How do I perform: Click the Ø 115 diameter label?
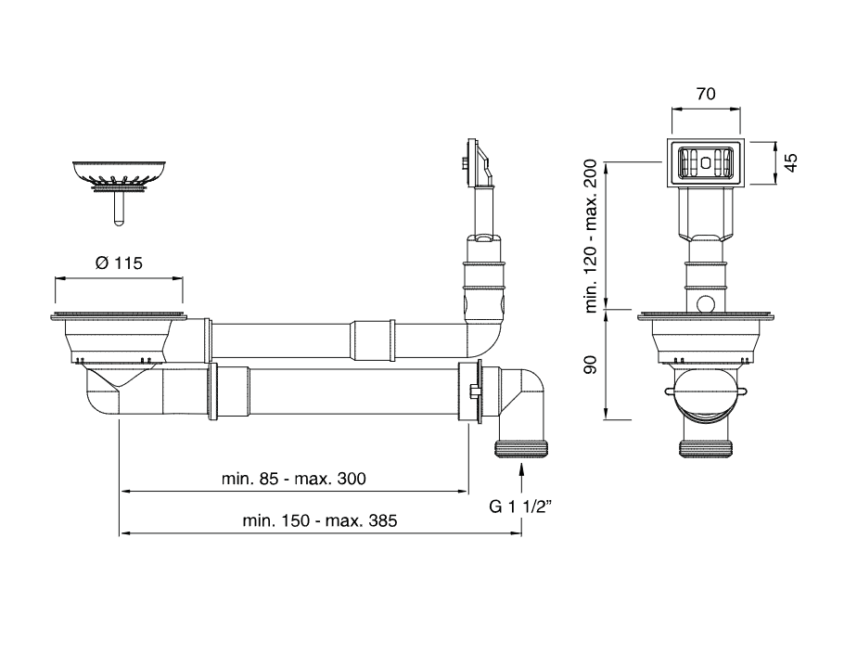118,263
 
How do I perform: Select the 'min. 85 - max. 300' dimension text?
293,479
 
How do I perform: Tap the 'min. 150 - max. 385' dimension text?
319,521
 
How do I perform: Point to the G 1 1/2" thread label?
521,507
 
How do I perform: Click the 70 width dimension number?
705,94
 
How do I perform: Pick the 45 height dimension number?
790,163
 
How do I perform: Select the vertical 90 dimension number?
589,365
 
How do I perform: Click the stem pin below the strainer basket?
118,208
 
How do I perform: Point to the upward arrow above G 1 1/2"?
521,478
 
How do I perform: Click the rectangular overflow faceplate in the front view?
705,163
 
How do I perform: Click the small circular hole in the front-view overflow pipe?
705,302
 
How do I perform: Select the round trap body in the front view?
705,394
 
